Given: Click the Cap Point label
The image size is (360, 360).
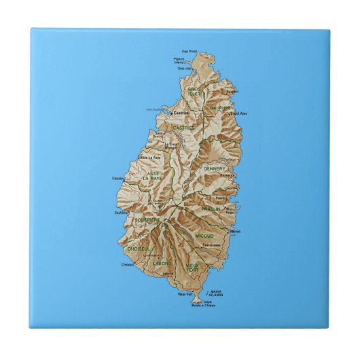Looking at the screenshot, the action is (x=188, y=50).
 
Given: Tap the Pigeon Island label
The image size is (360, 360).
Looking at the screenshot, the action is (x=179, y=60).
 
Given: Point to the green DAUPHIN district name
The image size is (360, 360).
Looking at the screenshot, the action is (x=219, y=107).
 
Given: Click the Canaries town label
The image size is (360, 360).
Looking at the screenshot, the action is (x=118, y=179).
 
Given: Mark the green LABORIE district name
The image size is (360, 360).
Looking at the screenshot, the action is (x=162, y=263).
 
